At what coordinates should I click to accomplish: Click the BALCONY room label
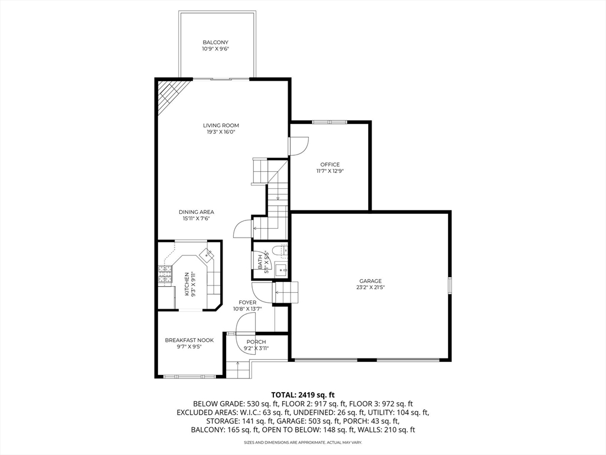coord(215,43)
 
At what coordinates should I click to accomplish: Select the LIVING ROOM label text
coord(221,126)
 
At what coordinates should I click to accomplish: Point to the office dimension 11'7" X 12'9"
coord(330,171)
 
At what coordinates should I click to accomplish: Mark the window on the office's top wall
coord(330,122)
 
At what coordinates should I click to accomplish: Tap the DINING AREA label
coord(196,212)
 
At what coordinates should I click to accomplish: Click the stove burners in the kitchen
coord(164,274)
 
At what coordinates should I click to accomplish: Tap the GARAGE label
coord(370,281)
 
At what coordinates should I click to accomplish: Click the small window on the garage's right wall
coord(450,285)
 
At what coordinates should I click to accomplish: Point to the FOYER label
coord(247,303)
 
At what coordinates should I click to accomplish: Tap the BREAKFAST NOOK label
coord(189,340)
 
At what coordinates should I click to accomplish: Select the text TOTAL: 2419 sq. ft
coord(303,394)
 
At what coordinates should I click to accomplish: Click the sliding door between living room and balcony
coord(223,78)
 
